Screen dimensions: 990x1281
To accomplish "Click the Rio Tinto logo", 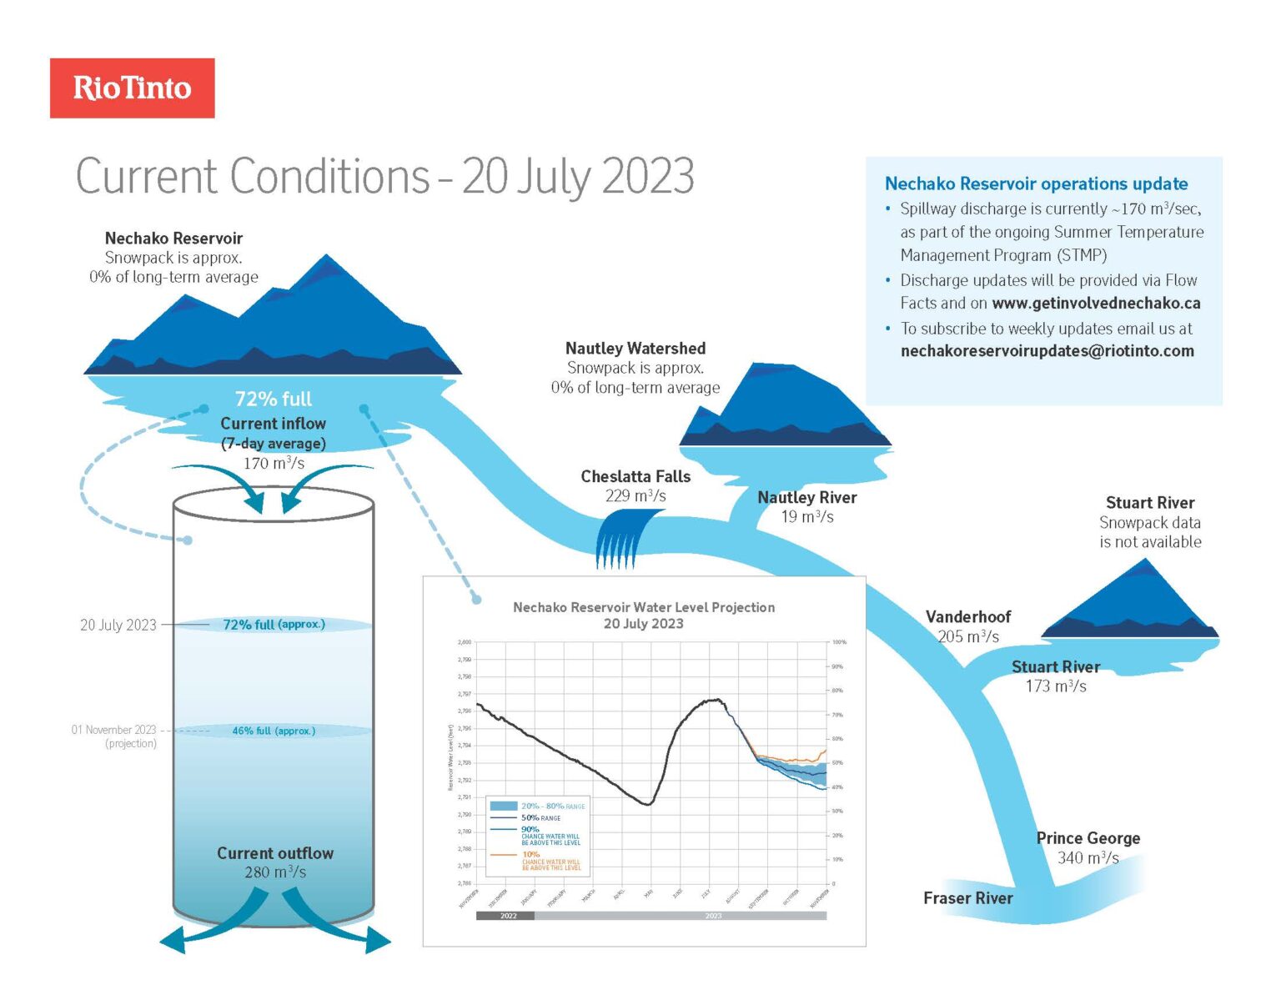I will pyautogui.click(x=132, y=88).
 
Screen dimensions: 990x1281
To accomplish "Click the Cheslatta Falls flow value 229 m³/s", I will pyautogui.click(x=635, y=496).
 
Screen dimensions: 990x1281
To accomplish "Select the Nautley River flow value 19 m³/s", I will pyautogui.click(x=806, y=517).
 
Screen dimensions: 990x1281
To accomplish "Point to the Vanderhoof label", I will pyautogui.click(x=967, y=617).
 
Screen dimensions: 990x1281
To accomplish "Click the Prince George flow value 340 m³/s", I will pyautogui.click(x=1088, y=857).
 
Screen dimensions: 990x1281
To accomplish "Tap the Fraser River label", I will pyautogui.click(x=967, y=898).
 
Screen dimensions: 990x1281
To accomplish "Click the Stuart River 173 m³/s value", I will pyautogui.click(x=1055, y=686).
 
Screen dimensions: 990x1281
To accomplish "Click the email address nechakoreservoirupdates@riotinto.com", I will pyautogui.click(x=1047, y=351).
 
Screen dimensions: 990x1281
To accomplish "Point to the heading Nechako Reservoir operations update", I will pyautogui.click(x=1036, y=183).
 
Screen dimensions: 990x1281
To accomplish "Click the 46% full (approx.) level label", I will pyautogui.click(x=274, y=731).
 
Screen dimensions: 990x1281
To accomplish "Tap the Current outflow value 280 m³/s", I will pyautogui.click(x=275, y=872).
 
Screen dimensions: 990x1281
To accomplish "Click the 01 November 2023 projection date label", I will pyautogui.click(x=113, y=730).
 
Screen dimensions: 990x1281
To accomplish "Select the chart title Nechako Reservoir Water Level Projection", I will pyautogui.click(x=643, y=607).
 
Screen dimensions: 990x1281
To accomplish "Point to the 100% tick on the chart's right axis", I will pyautogui.click(x=838, y=642).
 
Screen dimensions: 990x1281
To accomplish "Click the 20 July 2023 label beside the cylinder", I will pyautogui.click(x=118, y=625).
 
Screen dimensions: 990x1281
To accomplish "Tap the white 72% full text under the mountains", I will pyautogui.click(x=273, y=399).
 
